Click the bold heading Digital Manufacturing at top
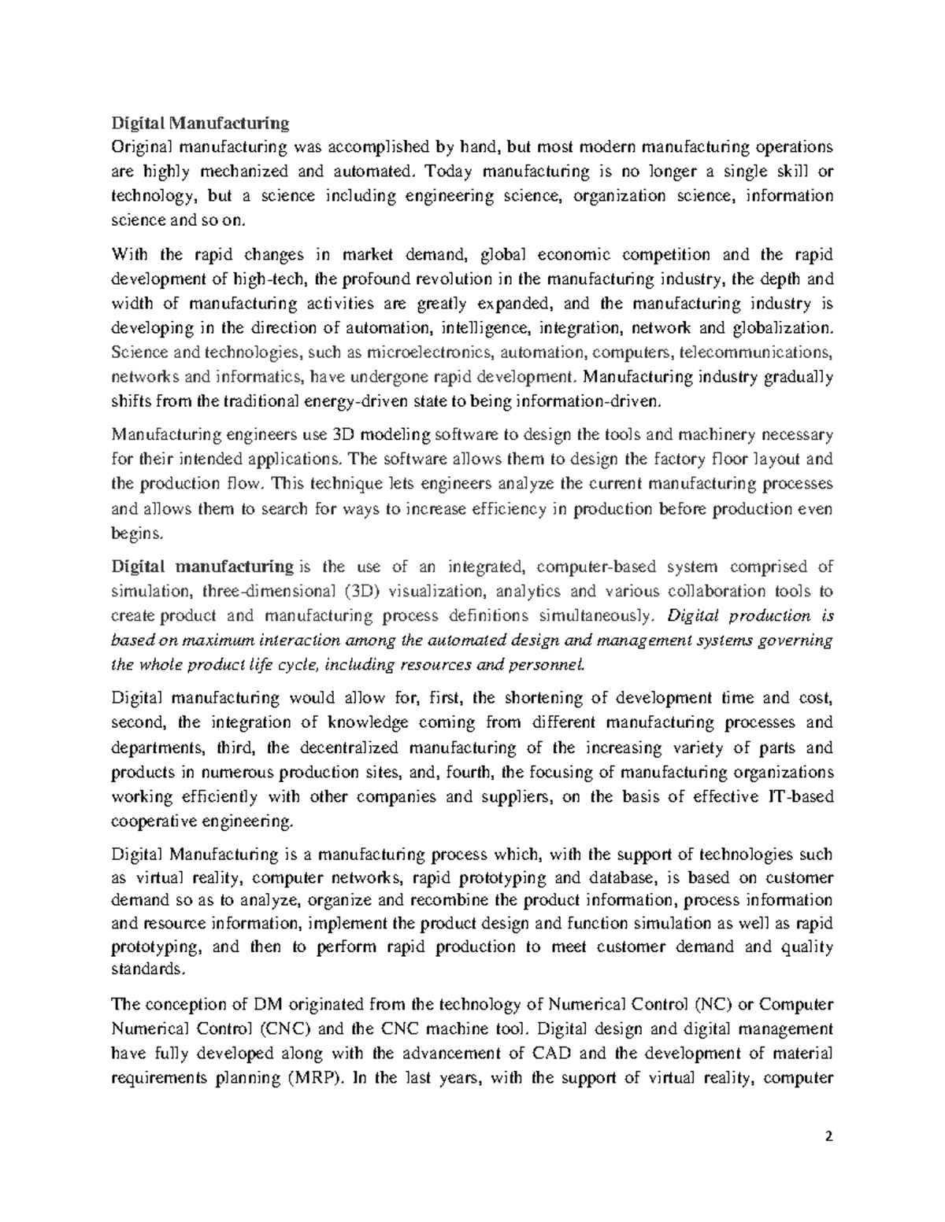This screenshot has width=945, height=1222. tap(200, 123)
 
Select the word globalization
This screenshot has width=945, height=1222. tap(779, 327)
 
